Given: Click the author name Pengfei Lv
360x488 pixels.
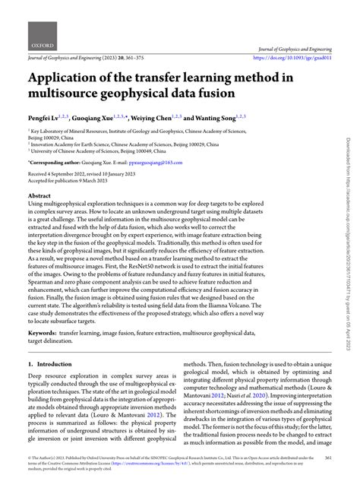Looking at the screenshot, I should tap(50, 119).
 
